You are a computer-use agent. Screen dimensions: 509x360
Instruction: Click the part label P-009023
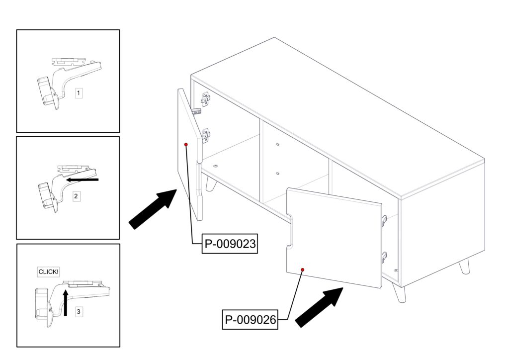tap(230, 244)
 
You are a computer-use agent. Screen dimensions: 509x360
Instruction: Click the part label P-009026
tap(250, 320)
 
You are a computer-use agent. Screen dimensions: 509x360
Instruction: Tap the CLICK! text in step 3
tap(48, 271)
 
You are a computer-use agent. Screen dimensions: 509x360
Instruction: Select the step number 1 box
tap(78, 93)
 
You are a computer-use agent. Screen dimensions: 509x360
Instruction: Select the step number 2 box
tap(76, 196)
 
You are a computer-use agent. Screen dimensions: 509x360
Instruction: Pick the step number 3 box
tap(78, 312)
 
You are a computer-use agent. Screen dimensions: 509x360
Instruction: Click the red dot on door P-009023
tap(186, 145)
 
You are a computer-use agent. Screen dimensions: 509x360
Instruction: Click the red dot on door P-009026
tap(303, 270)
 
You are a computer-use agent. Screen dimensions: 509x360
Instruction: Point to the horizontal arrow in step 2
tap(82, 179)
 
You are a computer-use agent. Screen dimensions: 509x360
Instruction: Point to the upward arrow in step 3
tap(66, 303)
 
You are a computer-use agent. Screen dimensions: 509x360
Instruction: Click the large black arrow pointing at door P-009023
tap(153, 209)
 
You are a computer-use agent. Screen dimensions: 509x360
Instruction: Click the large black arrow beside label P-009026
tap(319, 307)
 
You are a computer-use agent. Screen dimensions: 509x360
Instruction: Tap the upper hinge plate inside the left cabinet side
tap(206, 99)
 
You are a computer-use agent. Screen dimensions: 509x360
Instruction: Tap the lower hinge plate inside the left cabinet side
tap(206, 136)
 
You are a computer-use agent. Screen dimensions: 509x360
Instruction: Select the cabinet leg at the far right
tap(465, 266)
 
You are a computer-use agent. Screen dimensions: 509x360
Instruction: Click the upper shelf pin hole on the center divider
tap(277, 144)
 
